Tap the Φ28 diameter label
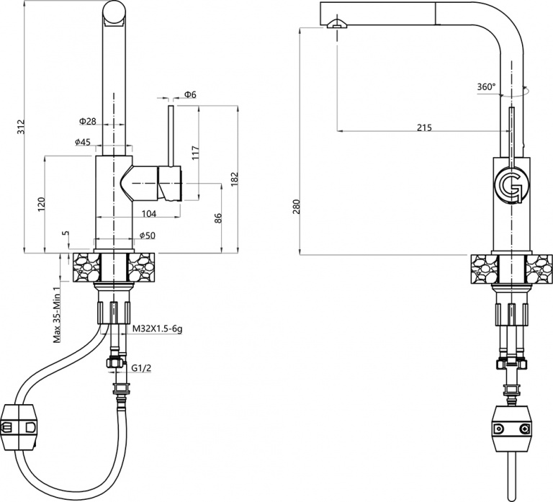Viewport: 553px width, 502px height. pos(87,120)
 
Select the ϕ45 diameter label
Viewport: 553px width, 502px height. pos(82,142)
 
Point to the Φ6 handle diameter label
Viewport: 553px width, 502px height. pos(190,94)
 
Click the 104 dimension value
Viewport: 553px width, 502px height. pos(150,213)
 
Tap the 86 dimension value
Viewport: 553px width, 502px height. pos(218,219)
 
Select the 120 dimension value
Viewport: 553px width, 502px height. pos(42,205)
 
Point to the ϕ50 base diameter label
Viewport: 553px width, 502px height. pos(147,236)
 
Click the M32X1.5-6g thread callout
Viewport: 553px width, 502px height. pos(158,329)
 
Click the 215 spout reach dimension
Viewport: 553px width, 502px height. pos(423,127)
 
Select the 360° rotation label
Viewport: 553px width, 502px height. pos(486,87)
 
